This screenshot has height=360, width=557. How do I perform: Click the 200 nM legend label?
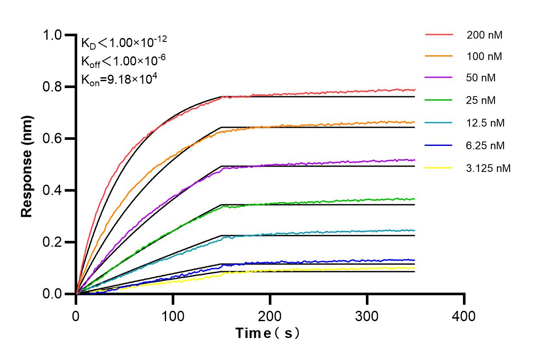click(484, 35)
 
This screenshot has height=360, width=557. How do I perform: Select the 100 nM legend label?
click(484, 56)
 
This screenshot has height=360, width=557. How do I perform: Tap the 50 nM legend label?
click(481, 78)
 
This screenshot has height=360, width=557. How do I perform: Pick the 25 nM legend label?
click(481, 101)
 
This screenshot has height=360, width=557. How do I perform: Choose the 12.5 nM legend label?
click(485, 123)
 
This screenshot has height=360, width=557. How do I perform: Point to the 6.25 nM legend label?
click(485, 145)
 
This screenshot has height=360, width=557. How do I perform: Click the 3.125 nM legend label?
click(488, 168)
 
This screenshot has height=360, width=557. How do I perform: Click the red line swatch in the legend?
click(439, 34)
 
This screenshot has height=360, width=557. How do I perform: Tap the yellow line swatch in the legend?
click(439, 167)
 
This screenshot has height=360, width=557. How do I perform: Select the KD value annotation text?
click(124, 42)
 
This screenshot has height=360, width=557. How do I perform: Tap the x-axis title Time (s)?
click(267, 333)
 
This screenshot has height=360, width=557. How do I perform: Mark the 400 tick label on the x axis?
click(464, 316)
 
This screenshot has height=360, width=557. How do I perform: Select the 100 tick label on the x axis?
click(173, 316)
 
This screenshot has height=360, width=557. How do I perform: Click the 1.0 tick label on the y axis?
click(52, 35)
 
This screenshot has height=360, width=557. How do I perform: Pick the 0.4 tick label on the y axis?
click(52, 190)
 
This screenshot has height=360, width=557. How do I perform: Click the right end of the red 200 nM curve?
click(415, 90)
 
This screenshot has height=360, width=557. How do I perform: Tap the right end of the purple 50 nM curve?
click(415, 160)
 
